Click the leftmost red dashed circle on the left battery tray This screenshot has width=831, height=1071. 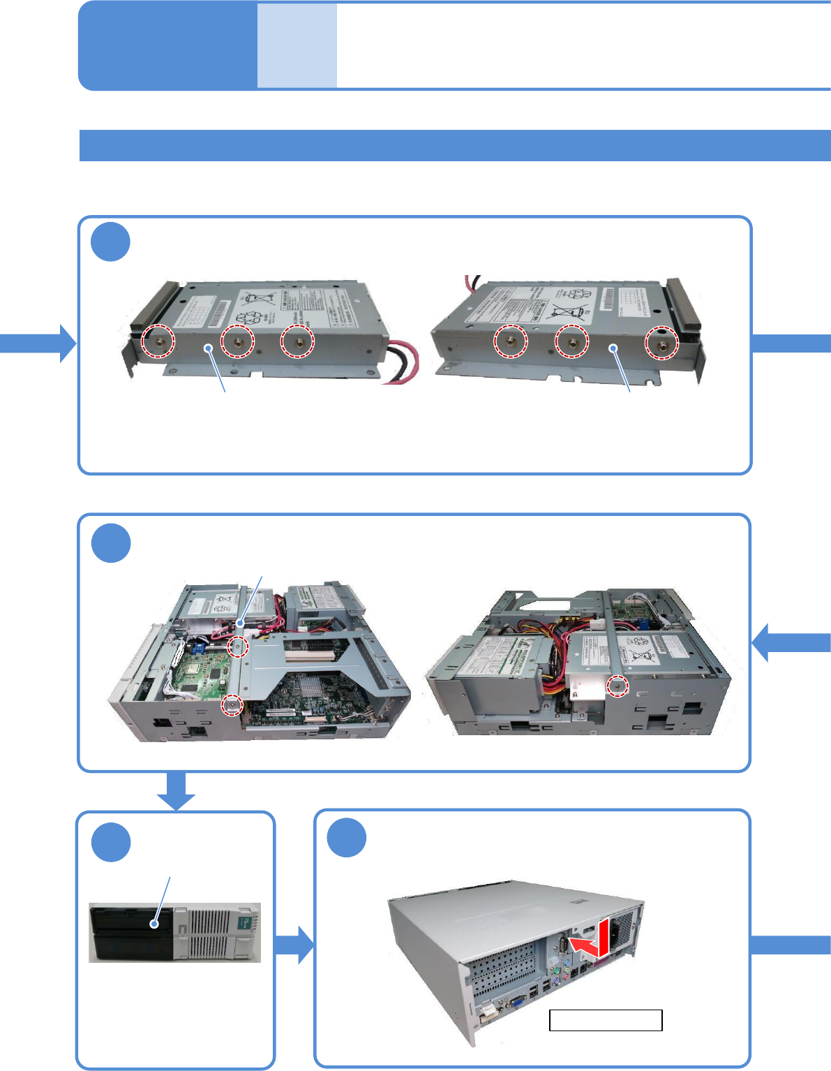[158, 341]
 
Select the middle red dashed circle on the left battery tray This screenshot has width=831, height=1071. [237, 341]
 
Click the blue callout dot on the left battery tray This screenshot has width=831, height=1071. [207, 347]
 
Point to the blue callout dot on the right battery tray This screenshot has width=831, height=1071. [614, 347]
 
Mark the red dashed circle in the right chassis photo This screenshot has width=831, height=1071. [616, 686]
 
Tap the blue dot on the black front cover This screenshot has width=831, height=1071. [154, 924]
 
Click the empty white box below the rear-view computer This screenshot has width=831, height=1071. [606, 1020]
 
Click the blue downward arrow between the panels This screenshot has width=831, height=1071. [176, 791]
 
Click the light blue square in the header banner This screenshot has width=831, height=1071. [297, 46]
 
